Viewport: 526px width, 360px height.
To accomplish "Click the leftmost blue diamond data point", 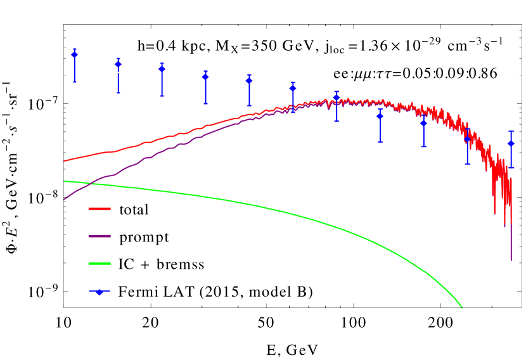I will click(x=75, y=55).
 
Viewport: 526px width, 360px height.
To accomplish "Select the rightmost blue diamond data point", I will click(x=511, y=144).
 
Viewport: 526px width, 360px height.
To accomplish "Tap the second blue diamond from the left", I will click(x=118, y=65).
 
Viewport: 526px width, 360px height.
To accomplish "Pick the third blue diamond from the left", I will click(x=162, y=69).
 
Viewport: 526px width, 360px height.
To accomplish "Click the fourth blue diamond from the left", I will click(x=205, y=77).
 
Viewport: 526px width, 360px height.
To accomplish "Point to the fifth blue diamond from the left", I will click(x=249, y=80).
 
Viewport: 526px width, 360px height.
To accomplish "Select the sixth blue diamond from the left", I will click(x=293, y=88).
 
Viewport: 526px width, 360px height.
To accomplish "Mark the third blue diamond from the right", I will click(x=423, y=123).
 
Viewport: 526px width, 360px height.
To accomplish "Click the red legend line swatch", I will click(x=99, y=209).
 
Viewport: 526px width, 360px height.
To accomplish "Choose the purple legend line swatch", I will click(x=99, y=236).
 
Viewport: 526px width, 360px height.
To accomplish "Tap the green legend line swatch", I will click(x=99, y=263).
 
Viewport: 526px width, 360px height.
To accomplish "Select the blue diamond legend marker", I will click(x=99, y=292).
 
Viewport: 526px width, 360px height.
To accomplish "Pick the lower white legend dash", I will click(x=118, y=72).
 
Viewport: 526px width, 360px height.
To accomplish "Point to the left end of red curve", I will click(x=65, y=161).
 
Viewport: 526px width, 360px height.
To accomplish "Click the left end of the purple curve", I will click(x=64, y=199).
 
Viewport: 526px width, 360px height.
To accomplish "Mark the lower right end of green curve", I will click(x=461, y=307).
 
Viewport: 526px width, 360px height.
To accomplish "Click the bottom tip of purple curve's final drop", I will click(x=511, y=260).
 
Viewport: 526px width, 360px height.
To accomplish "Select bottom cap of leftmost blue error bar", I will click(x=75, y=82).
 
